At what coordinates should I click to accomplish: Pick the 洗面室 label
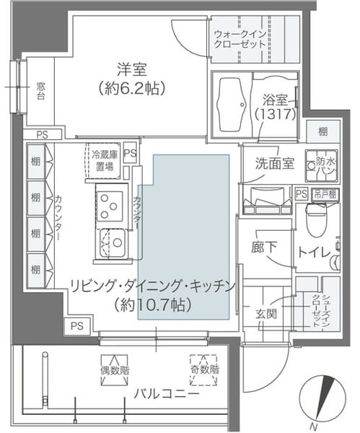(273, 163)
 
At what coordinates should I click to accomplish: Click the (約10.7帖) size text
(153, 305)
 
